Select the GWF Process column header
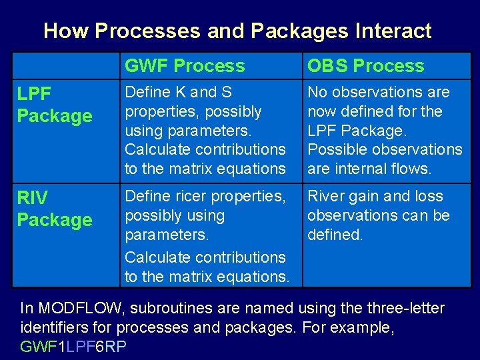pyautogui.click(x=185, y=66)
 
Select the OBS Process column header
pyautogui.click(x=365, y=66)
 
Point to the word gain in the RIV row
pyautogui.click(x=362, y=197)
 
